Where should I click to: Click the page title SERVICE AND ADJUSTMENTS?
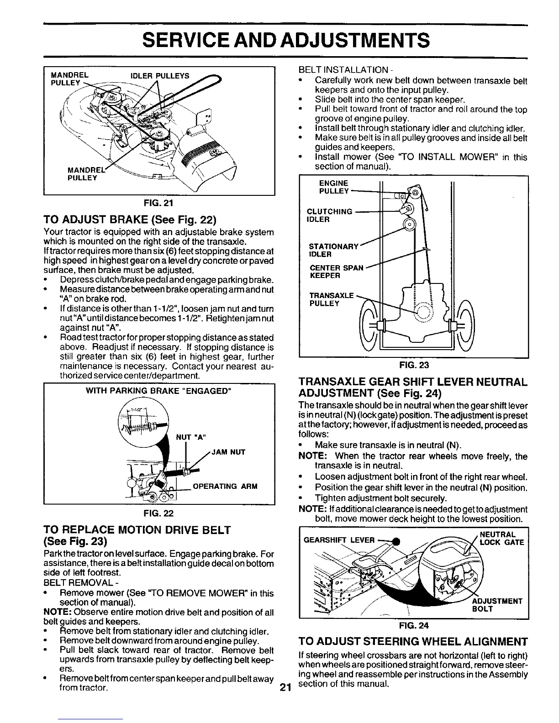click(285, 40)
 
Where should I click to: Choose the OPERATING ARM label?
click(226, 486)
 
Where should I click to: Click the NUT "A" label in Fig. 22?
click(191, 437)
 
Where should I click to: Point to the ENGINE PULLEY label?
click(334, 187)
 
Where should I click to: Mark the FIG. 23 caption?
click(413, 365)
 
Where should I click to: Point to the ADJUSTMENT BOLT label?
click(497, 605)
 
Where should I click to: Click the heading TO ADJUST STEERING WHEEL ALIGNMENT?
click(412, 640)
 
